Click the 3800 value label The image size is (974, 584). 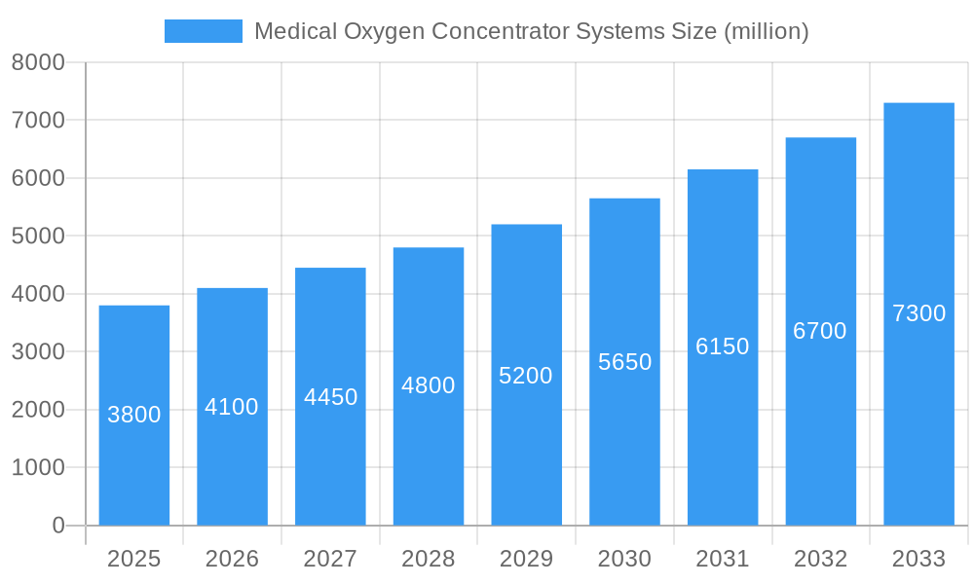point(134,415)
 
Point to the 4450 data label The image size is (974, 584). point(330,397)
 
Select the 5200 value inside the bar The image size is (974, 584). point(526,376)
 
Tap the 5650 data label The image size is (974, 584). point(624,362)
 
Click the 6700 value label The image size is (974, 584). point(820,331)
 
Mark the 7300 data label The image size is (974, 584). point(918,313)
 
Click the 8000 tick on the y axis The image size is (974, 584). point(38,62)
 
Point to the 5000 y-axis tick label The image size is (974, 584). point(38,237)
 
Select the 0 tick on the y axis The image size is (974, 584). point(57,526)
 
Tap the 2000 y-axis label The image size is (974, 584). point(38,410)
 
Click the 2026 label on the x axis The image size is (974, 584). point(232,559)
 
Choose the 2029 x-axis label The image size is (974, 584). point(526,559)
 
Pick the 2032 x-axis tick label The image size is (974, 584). point(820,559)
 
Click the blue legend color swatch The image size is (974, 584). point(203,31)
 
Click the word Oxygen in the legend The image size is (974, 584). point(384,31)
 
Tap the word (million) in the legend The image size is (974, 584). point(766,31)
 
